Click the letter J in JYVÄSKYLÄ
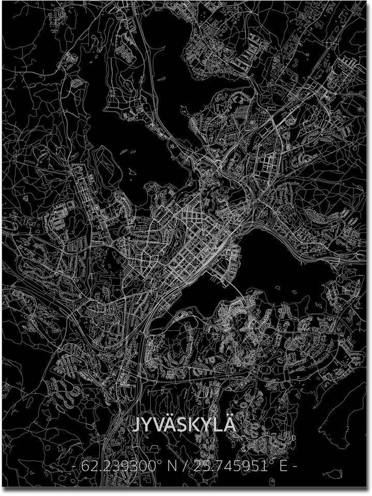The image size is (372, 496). [138, 425]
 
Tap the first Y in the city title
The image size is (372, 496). [150, 425]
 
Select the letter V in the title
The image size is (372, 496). [162, 425]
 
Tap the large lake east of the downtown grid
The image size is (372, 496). [289, 269]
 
